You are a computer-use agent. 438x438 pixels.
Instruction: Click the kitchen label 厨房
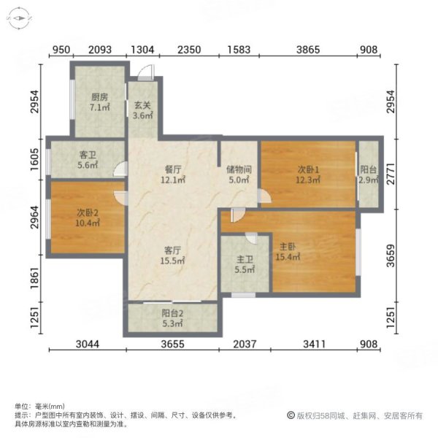[x=99, y=96]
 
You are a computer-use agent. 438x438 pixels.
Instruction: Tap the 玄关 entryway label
[x=143, y=104]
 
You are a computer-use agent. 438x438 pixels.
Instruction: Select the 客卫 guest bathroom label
[x=88, y=155]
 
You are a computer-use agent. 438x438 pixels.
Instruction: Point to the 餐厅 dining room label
[x=172, y=169]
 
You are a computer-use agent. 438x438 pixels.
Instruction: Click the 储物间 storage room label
[x=239, y=169]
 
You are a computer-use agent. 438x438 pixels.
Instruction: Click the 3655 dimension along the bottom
[x=172, y=345]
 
